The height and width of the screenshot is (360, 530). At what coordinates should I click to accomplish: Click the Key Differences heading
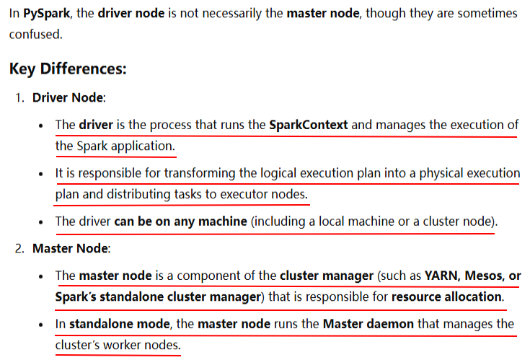[68, 69]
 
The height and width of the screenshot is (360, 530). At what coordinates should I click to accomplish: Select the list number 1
[19, 97]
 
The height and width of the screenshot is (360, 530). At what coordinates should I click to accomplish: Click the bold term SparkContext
[308, 125]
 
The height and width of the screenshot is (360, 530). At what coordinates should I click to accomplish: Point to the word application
[143, 146]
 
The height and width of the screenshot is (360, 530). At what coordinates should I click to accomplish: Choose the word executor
[243, 194]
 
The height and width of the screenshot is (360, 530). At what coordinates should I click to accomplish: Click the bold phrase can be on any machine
[180, 221]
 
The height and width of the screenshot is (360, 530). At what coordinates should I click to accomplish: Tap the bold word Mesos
[484, 276]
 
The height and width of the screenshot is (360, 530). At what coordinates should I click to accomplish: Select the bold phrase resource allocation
[447, 297]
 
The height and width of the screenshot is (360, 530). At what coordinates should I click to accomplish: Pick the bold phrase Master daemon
[368, 324]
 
